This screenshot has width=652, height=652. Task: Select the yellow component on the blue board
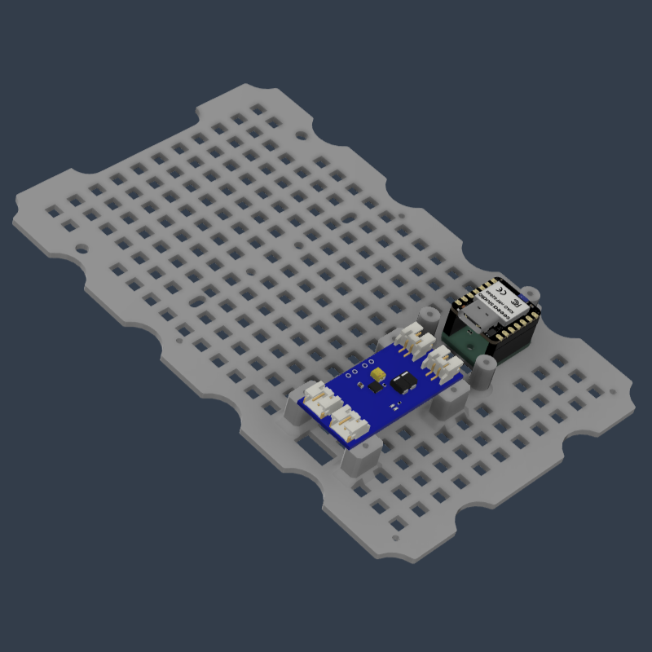point(378,375)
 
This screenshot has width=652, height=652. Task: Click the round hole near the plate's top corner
point(301,133)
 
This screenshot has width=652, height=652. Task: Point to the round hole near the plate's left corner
point(81,247)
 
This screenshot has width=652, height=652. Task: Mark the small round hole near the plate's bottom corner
point(396,538)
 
